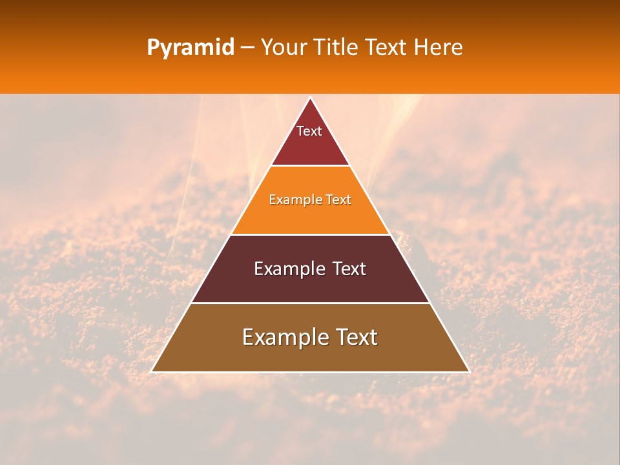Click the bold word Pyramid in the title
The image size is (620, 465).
pos(190,48)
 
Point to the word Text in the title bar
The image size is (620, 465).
pos(387,47)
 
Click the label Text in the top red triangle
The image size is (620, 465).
pos(309,131)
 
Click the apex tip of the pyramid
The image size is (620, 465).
pos(310,98)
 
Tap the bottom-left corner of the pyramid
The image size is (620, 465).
pos(152,371)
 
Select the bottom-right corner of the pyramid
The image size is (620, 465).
pos(469,371)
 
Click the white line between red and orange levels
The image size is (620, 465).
pos(310,166)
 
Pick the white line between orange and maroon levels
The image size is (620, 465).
pos(310,234)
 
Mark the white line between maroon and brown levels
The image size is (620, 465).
pos(310,303)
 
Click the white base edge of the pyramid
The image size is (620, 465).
pos(310,372)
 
